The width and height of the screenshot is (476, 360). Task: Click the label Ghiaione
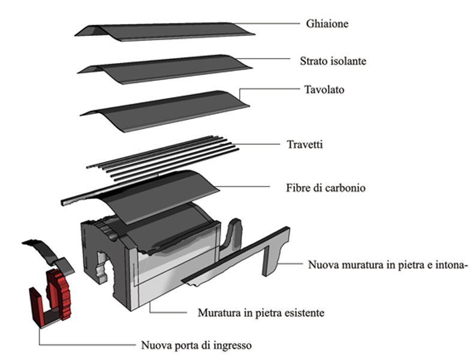[327, 25]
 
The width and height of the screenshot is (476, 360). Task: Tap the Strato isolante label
[333, 61]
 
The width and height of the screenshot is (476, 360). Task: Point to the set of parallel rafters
[162, 155]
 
